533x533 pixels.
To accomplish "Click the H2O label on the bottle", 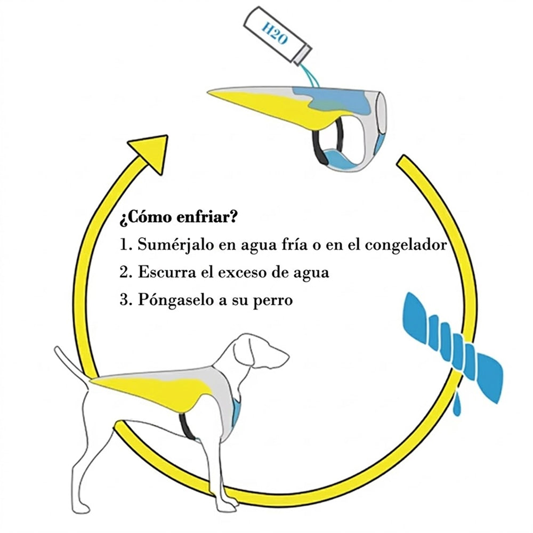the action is (x=274, y=33).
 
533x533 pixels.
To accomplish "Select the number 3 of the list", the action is (x=124, y=300).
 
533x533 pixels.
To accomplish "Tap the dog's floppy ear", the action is (x=244, y=353).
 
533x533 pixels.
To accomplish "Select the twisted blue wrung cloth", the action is (x=453, y=348).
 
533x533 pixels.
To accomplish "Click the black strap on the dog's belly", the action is (x=186, y=425).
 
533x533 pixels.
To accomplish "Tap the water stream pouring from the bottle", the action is (x=310, y=76).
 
